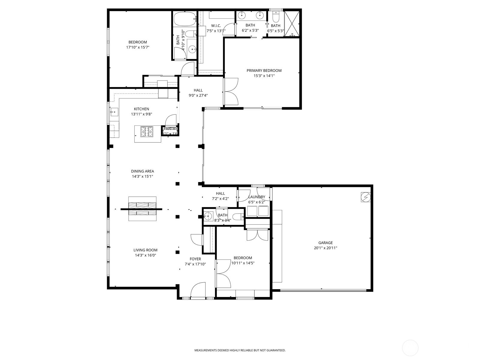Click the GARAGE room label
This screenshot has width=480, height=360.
pyautogui.click(x=325, y=243)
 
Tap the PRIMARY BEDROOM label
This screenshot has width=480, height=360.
pyautogui.click(x=264, y=70)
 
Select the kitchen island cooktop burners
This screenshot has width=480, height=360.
pyautogui.click(x=147, y=131)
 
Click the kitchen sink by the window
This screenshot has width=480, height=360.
pyautogui.click(x=114, y=112)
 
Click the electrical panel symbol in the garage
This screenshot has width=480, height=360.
pyautogui.click(x=366, y=197)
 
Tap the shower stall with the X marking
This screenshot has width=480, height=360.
pyautogui.click(x=291, y=24)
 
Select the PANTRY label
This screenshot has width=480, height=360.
pyautogui.click(x=170, y=129)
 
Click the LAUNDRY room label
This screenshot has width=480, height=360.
pyautogui.click(x=257, y=197)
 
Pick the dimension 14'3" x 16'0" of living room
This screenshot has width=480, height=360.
pyautogui.click(x=145, y=255)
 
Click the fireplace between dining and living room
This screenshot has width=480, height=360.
pyautogui.click(x=142, y=209)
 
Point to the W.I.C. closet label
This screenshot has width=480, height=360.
pyautogui.click(x=216, y=25)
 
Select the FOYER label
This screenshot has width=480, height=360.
pyautogui.click(x=195, y=259)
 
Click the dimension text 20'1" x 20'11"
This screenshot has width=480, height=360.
pyautogui.click(x=325, y=248)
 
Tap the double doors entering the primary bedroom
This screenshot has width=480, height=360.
pyautogui.click(x=230, y=91)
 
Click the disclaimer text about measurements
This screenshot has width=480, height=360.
pyautogui.click(x=240, y=350)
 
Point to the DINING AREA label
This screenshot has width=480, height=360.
pyautogui.click(x=142, y=171)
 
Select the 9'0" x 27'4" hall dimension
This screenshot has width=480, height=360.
pyautogui.click(x=198, y=95)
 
